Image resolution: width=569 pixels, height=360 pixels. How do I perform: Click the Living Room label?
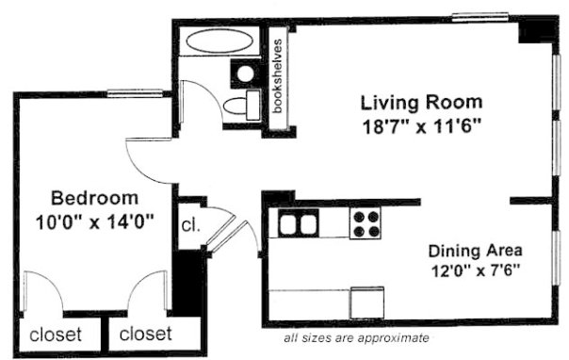tap(421, 103)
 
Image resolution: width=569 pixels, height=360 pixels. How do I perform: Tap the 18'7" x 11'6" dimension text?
tap(422, 127)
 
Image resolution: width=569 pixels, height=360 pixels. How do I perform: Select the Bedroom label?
tap(95, 198)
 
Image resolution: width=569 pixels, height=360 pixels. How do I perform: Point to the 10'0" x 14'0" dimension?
tap(95, 221)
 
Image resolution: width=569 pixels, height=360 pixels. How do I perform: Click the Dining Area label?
tap(476, 251)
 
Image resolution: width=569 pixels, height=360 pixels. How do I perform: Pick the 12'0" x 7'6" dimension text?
tap(476, 270)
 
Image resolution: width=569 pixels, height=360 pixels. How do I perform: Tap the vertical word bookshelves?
tap(278, 76)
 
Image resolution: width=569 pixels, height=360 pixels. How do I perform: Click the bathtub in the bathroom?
tap(219, 41)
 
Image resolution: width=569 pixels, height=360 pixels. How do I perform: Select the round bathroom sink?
tap(245, 74)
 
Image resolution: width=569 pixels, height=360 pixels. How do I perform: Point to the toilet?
tap(242, 106)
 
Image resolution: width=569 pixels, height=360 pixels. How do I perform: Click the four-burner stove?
tap(366, 223)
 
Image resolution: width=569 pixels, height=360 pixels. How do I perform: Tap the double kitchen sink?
tap(299, 223)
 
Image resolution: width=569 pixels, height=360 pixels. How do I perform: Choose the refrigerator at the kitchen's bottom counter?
tap(366, 303)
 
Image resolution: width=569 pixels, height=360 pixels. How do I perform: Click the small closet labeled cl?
tap(191, 226)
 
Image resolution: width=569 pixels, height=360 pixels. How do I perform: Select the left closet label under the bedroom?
tap(56, 335)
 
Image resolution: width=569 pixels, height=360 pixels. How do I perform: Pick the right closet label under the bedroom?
tap(145, 334)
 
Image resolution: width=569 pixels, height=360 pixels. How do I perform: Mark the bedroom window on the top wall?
tap(135, 93)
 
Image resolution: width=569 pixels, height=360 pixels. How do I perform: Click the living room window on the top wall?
tap(480, 16)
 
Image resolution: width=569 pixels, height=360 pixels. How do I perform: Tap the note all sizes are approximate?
tap(356, 338)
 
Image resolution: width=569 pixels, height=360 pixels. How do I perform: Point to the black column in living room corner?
tap(536, 31)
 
